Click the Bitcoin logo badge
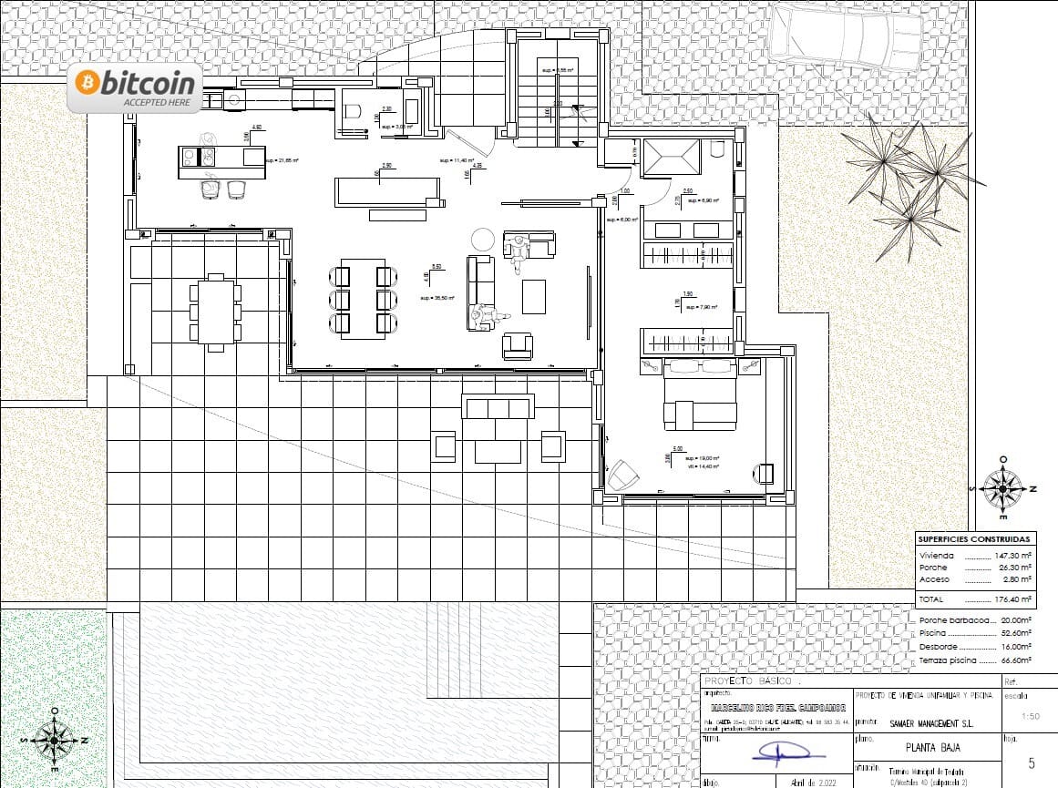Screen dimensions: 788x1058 tap(135, 88)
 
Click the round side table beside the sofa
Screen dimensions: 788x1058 tap(481, 240)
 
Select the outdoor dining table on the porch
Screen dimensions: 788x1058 tap(215, 310)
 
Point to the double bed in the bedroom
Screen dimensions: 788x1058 tap(700, 394)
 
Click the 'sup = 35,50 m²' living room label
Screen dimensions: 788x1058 tap(437, 298)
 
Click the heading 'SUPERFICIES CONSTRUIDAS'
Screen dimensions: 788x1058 tap(974, 539)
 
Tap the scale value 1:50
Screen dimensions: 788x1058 tap(1030, 717)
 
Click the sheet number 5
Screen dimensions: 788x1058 tap(1031, 763)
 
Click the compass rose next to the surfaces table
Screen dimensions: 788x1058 tap(1003, 489)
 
